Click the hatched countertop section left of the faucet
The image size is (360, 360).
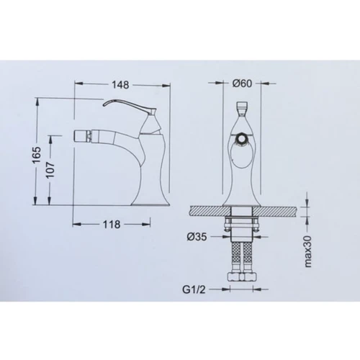204,210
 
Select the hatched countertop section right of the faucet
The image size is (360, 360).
281,210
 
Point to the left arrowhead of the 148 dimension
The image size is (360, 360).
77,83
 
